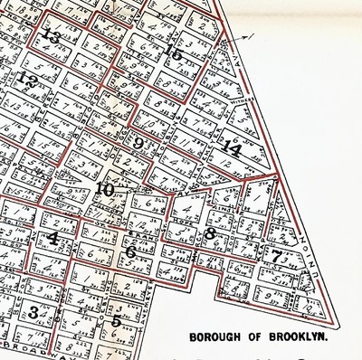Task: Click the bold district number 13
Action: click(x=51, y=37)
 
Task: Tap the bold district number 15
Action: click(x=173, y=53)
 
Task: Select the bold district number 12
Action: click(x=28, y=81)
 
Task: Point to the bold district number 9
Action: click(x=138, y=143)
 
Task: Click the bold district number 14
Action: click(x=233, y=149)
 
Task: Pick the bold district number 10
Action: click(x=105, y=190)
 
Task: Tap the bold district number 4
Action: click(x=53, y=239)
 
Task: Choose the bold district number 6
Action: click(x=129, y=251)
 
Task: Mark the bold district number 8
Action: click(x=210, y=233)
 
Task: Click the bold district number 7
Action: click(x=276, y=256)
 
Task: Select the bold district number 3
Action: click(x=33, y=313)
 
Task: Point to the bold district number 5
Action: click(x=116, y=318)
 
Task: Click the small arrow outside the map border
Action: click(x=245, y=37)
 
